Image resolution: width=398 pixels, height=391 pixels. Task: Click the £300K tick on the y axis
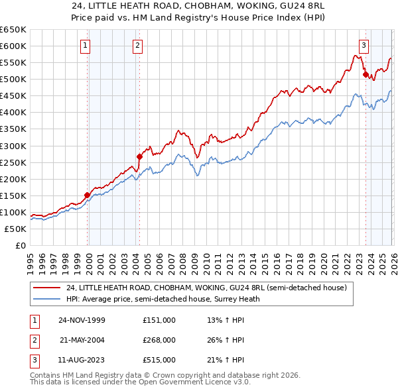13,146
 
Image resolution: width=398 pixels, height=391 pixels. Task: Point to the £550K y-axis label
13,63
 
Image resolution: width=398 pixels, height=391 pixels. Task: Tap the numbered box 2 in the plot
137,46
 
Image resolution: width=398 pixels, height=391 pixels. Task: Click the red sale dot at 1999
87,195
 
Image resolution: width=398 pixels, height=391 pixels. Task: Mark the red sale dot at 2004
139,156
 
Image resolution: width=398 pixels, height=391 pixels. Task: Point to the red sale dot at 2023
365,75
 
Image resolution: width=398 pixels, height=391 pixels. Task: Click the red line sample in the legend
47,288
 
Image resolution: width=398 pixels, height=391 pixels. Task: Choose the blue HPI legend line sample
47,299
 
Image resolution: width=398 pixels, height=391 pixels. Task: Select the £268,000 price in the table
159,340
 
